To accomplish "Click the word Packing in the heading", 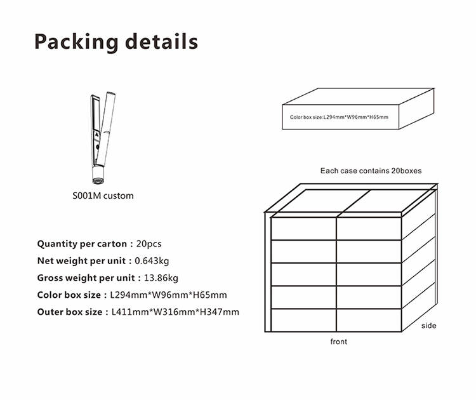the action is [x=76, y=42].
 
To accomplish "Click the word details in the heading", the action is [x=161, y=41].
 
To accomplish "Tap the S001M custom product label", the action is [x=103, y=196].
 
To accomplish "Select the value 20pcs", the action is [x=149, y=244].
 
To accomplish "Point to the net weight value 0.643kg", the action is [x=152, y=261].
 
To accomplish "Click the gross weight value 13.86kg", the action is [x=161, y=278].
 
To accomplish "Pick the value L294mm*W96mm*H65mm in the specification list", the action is [x=168, y=295].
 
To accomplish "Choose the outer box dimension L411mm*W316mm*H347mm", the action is [x=175, y=312].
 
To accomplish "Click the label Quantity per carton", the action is [x=82, y=244].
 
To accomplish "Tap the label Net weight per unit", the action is [x=81, y=261].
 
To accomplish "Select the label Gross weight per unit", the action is [x=86, y=278].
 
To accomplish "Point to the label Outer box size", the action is [x=70, y=312].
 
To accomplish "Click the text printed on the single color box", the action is [x=339, y=117].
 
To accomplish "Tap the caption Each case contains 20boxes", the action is [x=371, y=171].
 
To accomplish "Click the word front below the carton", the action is [x=339, y=342].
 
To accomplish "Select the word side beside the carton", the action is [x=428, y=326].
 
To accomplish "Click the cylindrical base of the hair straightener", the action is [x=98, y=175].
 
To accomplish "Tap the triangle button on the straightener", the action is [x=97, y=135].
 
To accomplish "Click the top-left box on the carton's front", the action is [x=303, y=229].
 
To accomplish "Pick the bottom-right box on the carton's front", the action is [x=369, y=321].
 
